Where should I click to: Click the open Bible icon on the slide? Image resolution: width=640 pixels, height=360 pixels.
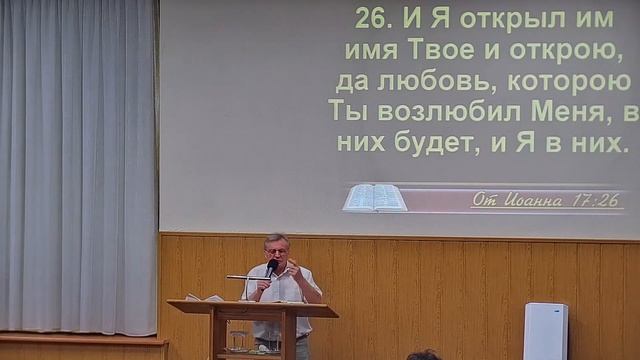pos(375,198)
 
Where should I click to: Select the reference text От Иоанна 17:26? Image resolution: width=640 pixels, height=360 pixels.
pos(546,200)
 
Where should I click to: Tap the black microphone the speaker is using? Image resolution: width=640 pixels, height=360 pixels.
pos(271,268)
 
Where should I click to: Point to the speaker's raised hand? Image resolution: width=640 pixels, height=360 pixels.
pos(293,270)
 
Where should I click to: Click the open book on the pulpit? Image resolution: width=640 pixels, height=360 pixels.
pos(204,297)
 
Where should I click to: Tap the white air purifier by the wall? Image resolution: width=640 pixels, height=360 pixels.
pos(545,331)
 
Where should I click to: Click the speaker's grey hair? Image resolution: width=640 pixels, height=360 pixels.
pos(276,240)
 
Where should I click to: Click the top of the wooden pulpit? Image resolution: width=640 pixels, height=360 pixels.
pos(252,306)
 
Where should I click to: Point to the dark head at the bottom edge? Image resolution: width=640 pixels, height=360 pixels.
pos(423,355)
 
